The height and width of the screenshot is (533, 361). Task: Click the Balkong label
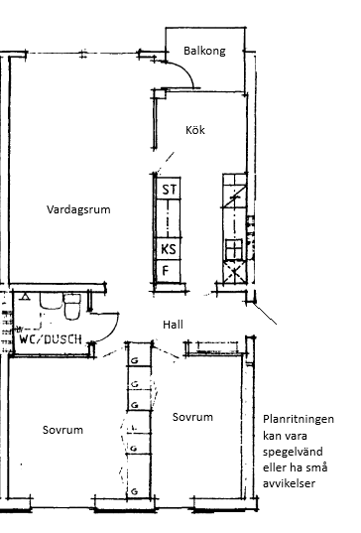(204, 51)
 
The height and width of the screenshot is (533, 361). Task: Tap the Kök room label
(195, 130)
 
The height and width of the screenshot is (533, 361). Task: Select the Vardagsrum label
(78, 209)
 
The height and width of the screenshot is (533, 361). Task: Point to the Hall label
(173, 325)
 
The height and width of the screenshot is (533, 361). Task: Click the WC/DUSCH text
(51, 338)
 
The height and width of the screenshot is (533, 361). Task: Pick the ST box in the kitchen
(169, 189)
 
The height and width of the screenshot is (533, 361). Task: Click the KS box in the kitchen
(169, 249)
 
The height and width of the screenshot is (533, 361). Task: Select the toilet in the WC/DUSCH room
(72, 307)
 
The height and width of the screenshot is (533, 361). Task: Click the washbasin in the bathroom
(51, 301)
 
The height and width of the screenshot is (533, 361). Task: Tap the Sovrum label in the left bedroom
(62, 430)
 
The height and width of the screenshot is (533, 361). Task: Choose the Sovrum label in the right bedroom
(192, 417)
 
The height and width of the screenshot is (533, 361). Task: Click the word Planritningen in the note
(299, 419)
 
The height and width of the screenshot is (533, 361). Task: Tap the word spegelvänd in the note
(293, 452)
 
